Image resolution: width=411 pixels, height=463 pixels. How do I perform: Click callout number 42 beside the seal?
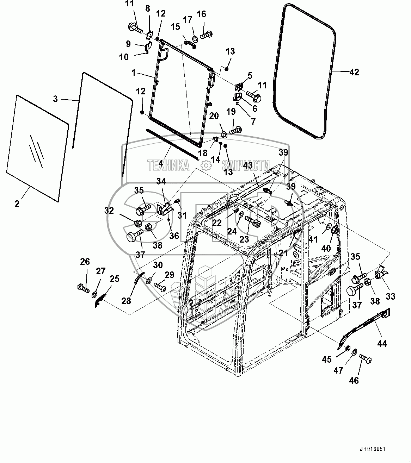pyautogui.click(x=354, y=72)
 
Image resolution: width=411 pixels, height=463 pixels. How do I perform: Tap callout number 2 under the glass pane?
pyautogui.click(x=17, y=204)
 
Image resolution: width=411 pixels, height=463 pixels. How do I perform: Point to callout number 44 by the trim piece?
pyautogui.click(x=382, y=344)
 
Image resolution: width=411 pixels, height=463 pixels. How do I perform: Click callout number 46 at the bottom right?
pyautogui.click(x=354, y=380)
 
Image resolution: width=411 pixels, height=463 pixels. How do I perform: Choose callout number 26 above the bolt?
pyautogui.click(x=85, y=262)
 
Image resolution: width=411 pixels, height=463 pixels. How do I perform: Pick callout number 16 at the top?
pyautogui.click(x=201, y=14)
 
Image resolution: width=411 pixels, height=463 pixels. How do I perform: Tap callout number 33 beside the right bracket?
pyautogui.click(x=390, y=296)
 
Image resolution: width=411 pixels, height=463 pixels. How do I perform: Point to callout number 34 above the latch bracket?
pyautogui.click(x=161, y=181)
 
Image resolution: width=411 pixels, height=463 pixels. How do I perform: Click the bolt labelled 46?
pyautogui.click(x=366, y=359)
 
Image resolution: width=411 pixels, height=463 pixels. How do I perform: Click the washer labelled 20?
pyautogui.click(x=223, y=134)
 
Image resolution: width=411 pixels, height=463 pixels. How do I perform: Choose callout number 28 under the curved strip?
pyautogui.click(x=126, y=301)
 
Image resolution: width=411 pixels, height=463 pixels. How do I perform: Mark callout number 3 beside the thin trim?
pyautogui.click(x=55, y=99)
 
